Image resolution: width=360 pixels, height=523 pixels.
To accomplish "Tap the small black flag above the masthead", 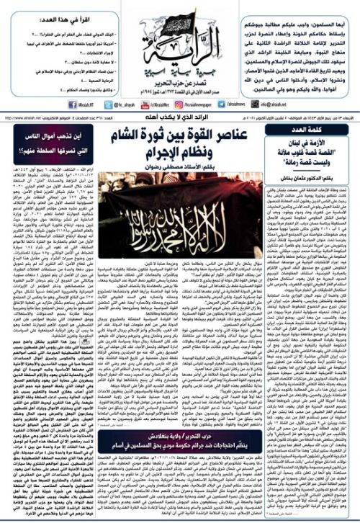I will [181, 14].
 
